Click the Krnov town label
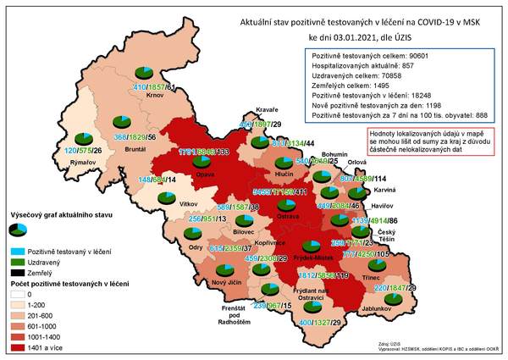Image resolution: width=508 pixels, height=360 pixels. coord(153,96)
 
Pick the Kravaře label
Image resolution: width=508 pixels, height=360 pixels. coord(268,109)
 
